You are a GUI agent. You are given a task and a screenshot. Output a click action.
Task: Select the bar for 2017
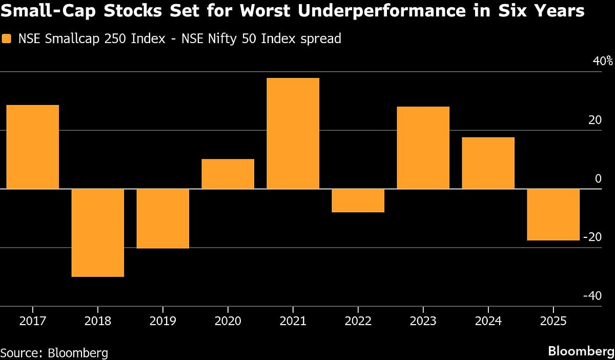[x=32, y=147]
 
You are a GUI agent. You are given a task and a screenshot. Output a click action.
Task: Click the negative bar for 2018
[x=97, y=233]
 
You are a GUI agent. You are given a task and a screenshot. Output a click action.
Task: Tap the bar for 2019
[x=162, y=218]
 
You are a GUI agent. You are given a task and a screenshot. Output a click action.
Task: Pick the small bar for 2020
[x=228, y=174]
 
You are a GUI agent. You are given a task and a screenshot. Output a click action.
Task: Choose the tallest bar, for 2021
[x=293, y=133]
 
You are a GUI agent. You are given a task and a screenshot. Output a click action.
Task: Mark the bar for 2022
[x=358, y=201]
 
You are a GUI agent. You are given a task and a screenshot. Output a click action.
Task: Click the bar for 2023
[x=423, y=148]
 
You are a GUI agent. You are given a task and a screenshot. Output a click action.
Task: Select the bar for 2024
[x=488, y=163]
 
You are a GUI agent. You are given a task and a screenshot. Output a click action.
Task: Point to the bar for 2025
[x=553, y=214]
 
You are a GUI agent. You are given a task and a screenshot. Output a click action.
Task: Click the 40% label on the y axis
[x=602, y=61]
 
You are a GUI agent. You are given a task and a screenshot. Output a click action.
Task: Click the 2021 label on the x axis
[x=293, y=322]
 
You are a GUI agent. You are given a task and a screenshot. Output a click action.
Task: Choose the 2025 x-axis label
[x=553, y=322]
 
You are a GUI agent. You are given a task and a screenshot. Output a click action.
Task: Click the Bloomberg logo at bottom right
[x=580, y=351]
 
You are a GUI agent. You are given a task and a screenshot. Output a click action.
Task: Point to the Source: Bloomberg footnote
[x=54, y=353]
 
